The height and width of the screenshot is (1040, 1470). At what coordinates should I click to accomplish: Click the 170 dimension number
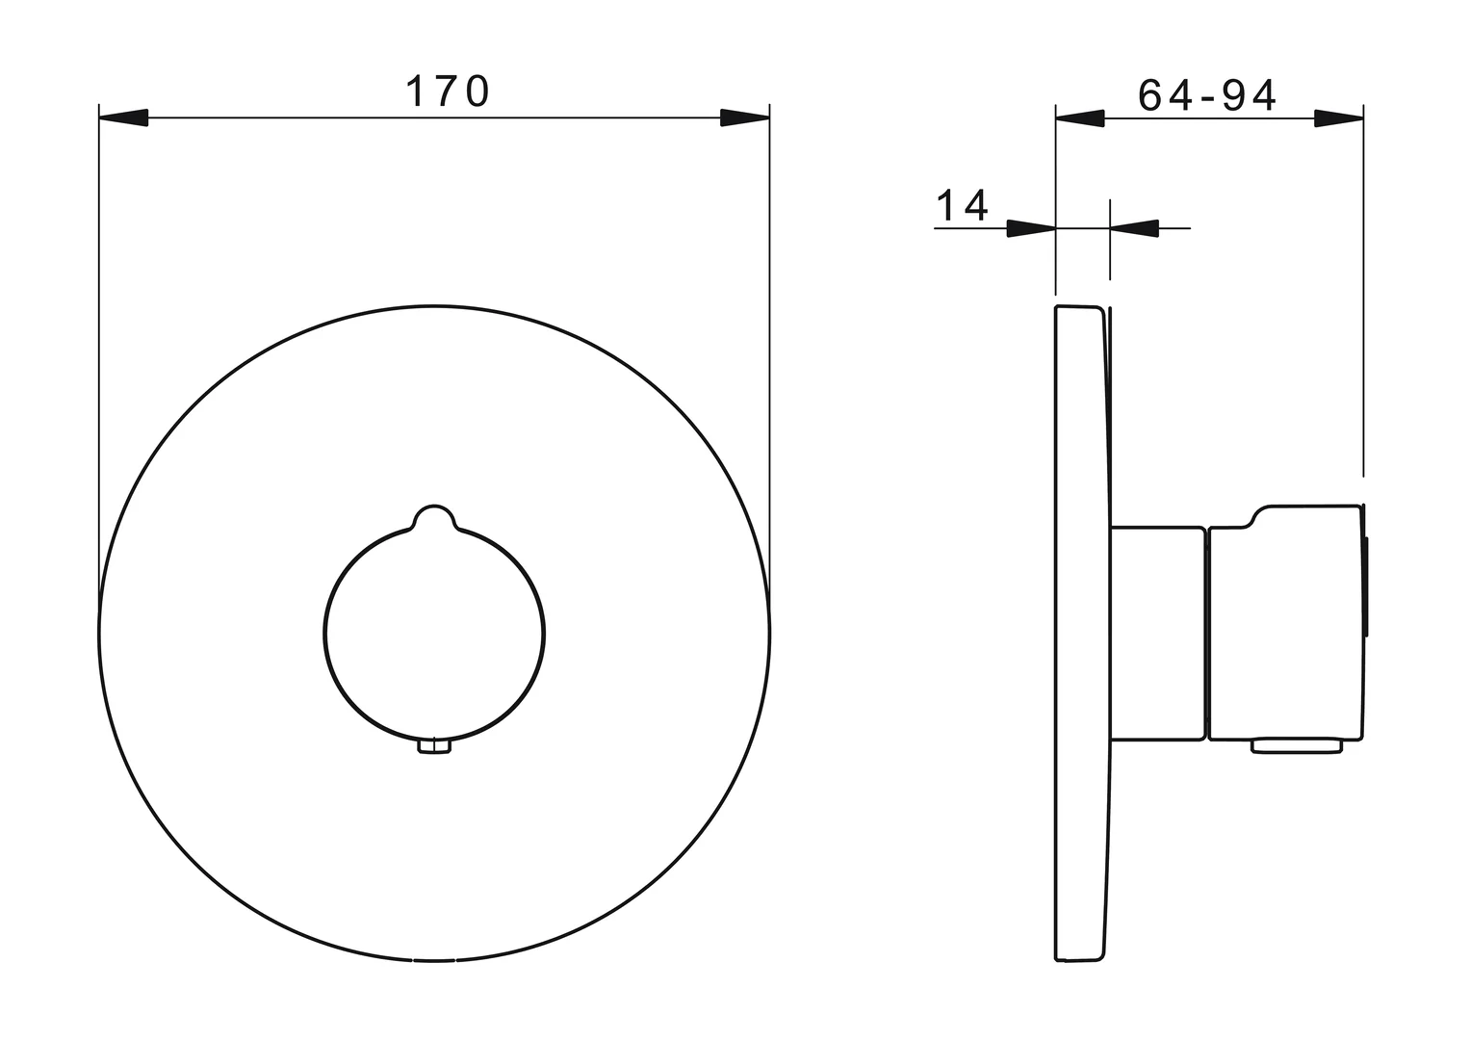(x=449, y=91)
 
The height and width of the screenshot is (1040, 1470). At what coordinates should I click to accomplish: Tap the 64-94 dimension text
(x=1207, y=94)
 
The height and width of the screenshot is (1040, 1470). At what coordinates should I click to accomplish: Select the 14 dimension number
(x=962, y=205)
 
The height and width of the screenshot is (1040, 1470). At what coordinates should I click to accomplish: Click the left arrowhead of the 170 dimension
(x=123, y=117)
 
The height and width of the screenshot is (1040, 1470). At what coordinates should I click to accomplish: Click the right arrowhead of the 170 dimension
(x=745, y=117)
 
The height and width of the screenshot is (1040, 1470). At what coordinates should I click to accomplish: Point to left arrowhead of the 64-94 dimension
(x=1080, y=118)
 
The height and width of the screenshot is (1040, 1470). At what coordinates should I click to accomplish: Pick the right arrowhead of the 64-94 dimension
(x=1339, y=118)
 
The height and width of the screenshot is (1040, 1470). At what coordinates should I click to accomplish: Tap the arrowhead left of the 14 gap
(x=1031, y=228)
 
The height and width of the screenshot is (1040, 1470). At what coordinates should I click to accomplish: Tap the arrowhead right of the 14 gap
(x=1134, y=228)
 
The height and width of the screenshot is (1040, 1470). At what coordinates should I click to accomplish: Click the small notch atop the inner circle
(x=434, y=516)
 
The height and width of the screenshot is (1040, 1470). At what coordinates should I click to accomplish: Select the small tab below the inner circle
(x=434, y=747)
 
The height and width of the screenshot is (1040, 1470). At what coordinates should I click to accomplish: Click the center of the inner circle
(x=434, y=633)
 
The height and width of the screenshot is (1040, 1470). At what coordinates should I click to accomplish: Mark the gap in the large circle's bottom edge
(x=434, y=960)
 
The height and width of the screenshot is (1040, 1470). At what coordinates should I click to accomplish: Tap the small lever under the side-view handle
(x=1296, y=745)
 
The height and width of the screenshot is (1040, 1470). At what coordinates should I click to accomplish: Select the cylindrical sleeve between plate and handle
(x=1158, y=633)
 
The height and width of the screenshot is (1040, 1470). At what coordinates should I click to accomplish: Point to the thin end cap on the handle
(x=1366, y=587)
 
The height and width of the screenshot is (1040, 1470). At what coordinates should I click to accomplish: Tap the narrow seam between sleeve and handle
(x=1207, y=633)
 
